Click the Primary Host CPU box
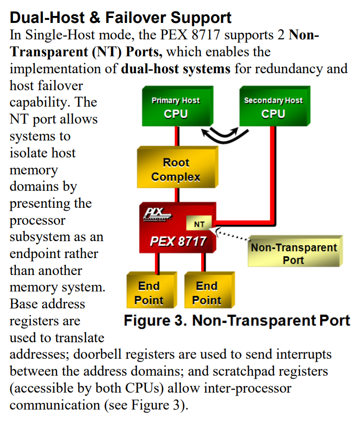coord(176,107)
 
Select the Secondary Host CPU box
coord(273,107)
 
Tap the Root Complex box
coord(176,170)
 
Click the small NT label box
coord(199,224)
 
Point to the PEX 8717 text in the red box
coord(178,242)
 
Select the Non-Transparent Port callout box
coord(293,253)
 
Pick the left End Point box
coord(149,293)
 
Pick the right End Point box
coord(207,293)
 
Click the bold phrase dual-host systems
coord(176,68)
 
